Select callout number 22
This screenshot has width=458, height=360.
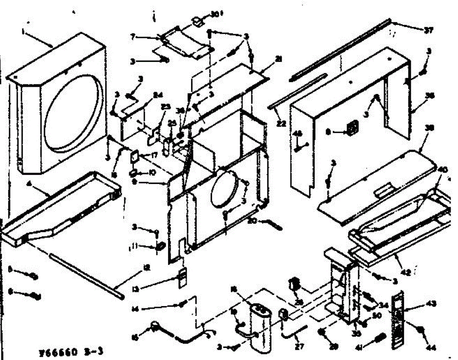click(x=281, y=124)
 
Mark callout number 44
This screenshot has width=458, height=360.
click(x=430, y=348)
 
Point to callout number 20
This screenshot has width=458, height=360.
click(x=251, y=220)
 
